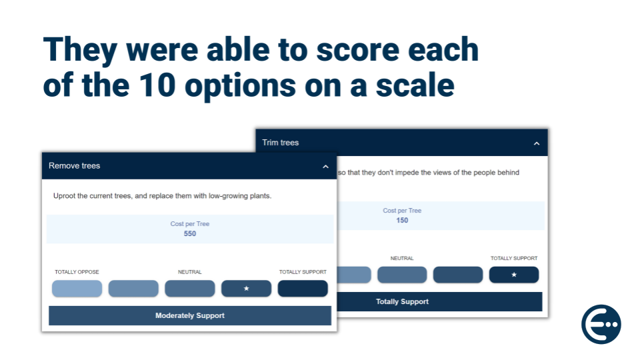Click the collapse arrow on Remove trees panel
click(x=325, y=167)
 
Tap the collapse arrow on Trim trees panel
click(x=536, y=144)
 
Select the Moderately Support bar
click(x=190, y=315)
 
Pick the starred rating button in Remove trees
click(x=246, y=289)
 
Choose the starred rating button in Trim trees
click(x=514, y=275)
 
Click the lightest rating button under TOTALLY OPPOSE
click(x=77, y=289)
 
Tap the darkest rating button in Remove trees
click(x=303, y=289)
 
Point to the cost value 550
click(x=190, y=233)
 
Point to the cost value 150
click(x=402, y=221)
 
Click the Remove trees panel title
click(x=74, y=166)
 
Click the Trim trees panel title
click(x=281, y=143)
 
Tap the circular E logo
click(x=601, y=325)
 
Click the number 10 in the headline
click(x=157, y=85)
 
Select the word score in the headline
click(x=357, y=50)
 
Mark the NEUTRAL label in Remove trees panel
click(x=190, y=272)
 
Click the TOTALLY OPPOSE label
click(x=77, y=272)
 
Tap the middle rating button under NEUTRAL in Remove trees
click(x=190, y=289)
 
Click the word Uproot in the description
click(x=64, y=196)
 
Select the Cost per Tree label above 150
click(x=402, y=211)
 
